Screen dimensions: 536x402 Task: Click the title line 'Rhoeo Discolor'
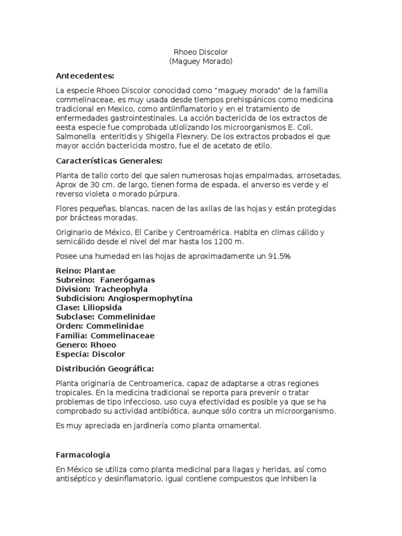coord(200,52)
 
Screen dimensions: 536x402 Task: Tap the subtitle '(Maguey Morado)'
coord(200,62)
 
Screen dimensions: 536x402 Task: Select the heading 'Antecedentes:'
coord(85,76)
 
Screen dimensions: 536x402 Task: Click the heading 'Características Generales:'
coord(109,160)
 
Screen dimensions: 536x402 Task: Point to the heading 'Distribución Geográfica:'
coord(105,368)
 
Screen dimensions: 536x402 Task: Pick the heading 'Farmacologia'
coord(83,455)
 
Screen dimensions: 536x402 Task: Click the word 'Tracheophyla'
coord(120,289)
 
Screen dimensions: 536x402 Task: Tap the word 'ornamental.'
coord(237,426)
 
